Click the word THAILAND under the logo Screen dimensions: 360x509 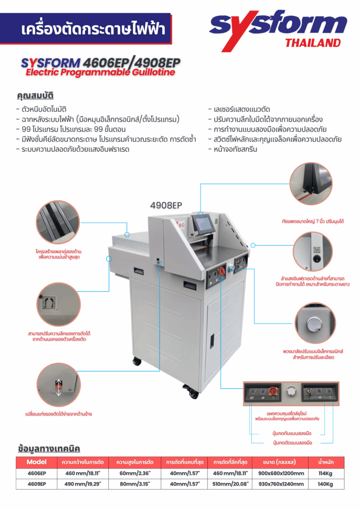pyautogui.click(x=313, y=43)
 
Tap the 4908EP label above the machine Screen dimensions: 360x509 pyautogui.click(x=166, y=205)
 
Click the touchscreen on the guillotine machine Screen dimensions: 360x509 pyautogui.click(x=203, y=223)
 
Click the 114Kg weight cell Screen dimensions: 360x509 pyautogui.click(x=325, y=473)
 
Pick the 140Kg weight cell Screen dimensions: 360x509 pyautogui.click(x=325, y=484)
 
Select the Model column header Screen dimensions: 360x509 pyautogui.click(x=36, y=462)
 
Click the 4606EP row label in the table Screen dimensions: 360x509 pyautogui.click(x=37, y=473)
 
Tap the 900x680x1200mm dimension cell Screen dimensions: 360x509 pyautogui.click(x=281, y=473)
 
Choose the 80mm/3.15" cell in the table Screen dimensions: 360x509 pyautogui.click(x=135, y=484)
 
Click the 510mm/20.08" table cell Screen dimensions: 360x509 pyautogui.click(x=231, y=484)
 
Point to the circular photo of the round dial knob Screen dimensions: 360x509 pyautogui.click(x=315, y=323)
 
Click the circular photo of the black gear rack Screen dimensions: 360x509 pyautogui.click(x=58, y=222)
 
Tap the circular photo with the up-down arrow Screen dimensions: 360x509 pyautogui.click(x=59, y=385)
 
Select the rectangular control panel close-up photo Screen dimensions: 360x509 pyautogui.click(x=291, y=394)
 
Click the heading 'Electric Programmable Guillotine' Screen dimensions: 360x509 pyautogui.click(x=100, y=72)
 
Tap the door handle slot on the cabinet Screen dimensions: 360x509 pyautogui.click(x=212, y=341)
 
